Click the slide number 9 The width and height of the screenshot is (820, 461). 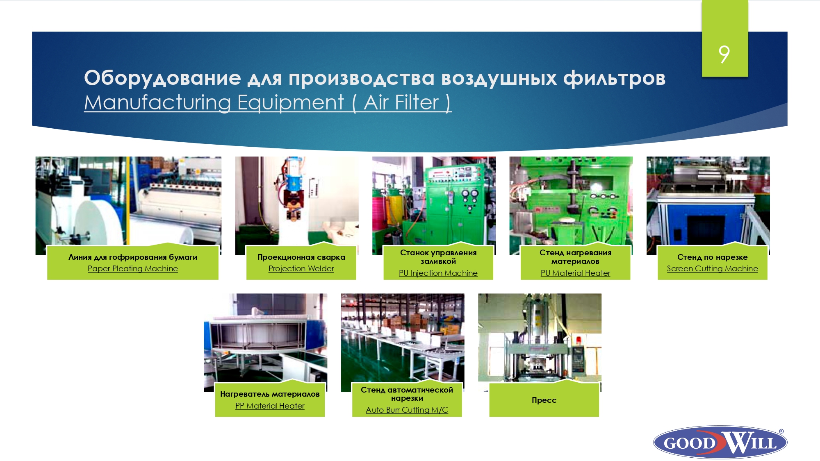724,54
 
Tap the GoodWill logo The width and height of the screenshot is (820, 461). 720,442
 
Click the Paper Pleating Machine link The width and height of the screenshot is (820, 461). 133,269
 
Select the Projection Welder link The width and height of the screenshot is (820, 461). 301,269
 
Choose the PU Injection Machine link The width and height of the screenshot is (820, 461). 438,273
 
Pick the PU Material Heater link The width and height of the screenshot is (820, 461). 576,273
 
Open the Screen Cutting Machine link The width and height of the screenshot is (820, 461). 713,269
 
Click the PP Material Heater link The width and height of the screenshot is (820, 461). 270,406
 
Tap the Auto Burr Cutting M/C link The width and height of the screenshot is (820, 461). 407,410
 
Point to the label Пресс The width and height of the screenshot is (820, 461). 544,400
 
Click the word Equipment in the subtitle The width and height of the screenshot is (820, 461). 291,102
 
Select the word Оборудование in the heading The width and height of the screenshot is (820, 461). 162,78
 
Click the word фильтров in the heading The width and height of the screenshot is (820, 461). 614,78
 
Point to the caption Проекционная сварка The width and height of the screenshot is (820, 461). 301,257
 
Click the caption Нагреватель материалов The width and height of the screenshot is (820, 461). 270,394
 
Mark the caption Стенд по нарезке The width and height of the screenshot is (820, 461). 713,257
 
